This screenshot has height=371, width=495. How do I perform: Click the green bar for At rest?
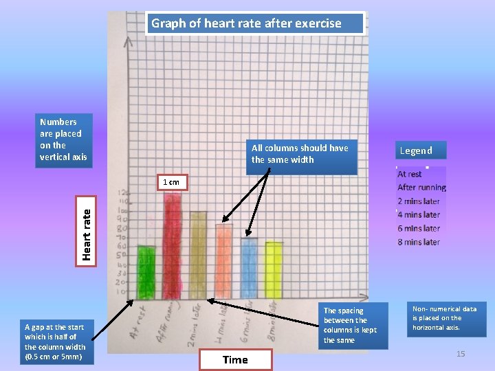(x=146, y=272)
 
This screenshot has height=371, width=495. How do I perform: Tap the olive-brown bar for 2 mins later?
(x=198, y=255)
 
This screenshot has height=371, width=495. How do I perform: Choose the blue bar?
(x=249, y=268)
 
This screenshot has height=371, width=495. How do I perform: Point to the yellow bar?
(x=274, y=270)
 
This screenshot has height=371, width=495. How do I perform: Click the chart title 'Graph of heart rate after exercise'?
(x=246, y=23)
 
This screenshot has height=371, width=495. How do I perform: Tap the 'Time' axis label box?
(x=235, y=359)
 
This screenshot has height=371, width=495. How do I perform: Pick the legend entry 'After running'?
(x=421, y=188)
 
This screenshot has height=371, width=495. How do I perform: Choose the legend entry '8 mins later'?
(x=418, y=242)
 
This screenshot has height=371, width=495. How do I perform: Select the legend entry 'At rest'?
(x=410, y=175)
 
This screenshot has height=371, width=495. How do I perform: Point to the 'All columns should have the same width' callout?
(x=300, y=154)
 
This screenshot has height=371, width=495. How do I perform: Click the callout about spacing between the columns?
(x=350, y=326)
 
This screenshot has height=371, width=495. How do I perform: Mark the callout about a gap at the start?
(x=55, y=341)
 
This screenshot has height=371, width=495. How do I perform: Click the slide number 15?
(x=461, y=354)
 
